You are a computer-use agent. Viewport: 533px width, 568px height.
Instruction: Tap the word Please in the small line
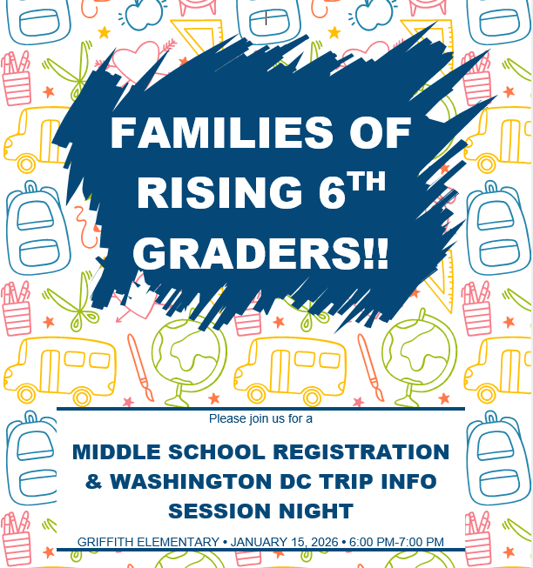[x=227, y=418]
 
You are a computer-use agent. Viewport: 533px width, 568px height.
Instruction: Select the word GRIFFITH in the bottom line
[x=105, y=542]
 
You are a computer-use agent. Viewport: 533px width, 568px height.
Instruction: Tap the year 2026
[x=324, y=542]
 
